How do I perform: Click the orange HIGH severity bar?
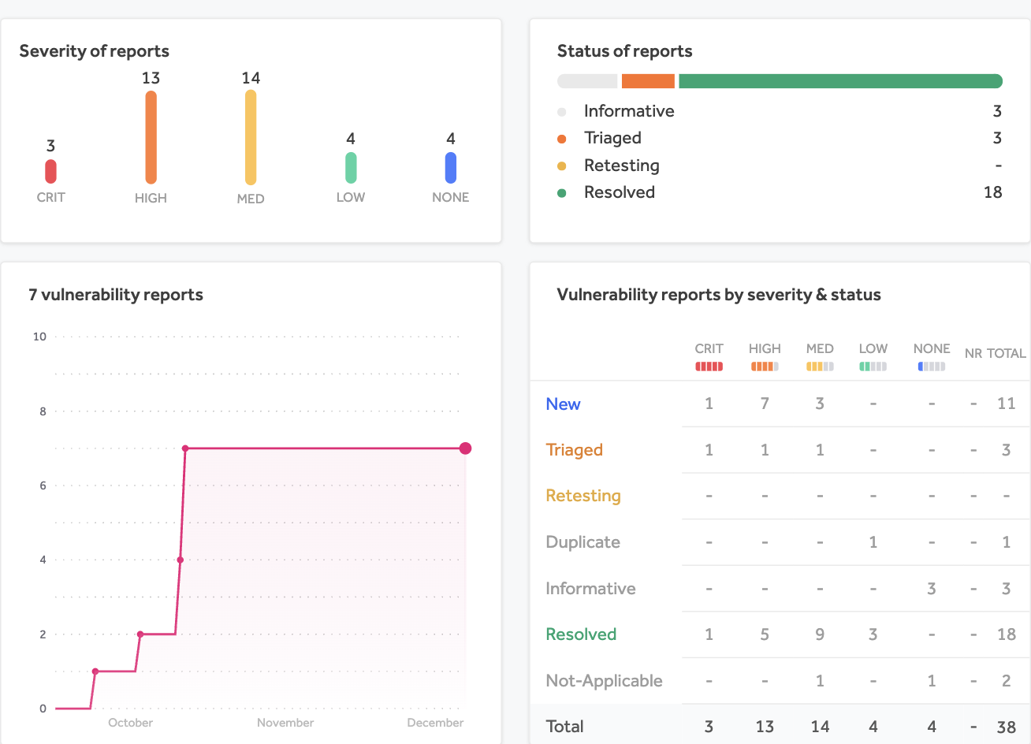[x=151, y=137]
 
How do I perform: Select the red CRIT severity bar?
[x=50, y=171]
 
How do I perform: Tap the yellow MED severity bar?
[x=251, y=137]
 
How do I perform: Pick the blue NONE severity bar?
[x=451, y=167]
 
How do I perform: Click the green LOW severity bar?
[x=351, y=167]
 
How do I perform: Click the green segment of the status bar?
[x=840, y=81]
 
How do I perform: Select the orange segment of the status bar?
[x=648, y=81]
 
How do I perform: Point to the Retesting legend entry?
[x=621, y=166]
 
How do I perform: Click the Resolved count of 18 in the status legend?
[x=992, y=192]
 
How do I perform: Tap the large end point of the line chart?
[x=465, y=448]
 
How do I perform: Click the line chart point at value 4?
[x=181, y=560]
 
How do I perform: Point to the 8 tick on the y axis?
[x=43, y=411]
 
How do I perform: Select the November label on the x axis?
[x=285, y=723]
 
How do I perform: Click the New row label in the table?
[x=563, y=404]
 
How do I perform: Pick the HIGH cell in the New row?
[x=765, y=404]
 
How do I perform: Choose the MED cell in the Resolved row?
[x=820, y=634]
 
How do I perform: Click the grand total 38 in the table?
[x=1006, y=727]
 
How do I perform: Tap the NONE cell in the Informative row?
[x=931, y=589]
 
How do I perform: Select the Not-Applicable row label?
[x=604, y=681]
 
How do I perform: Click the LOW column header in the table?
[x=873, y=348]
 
